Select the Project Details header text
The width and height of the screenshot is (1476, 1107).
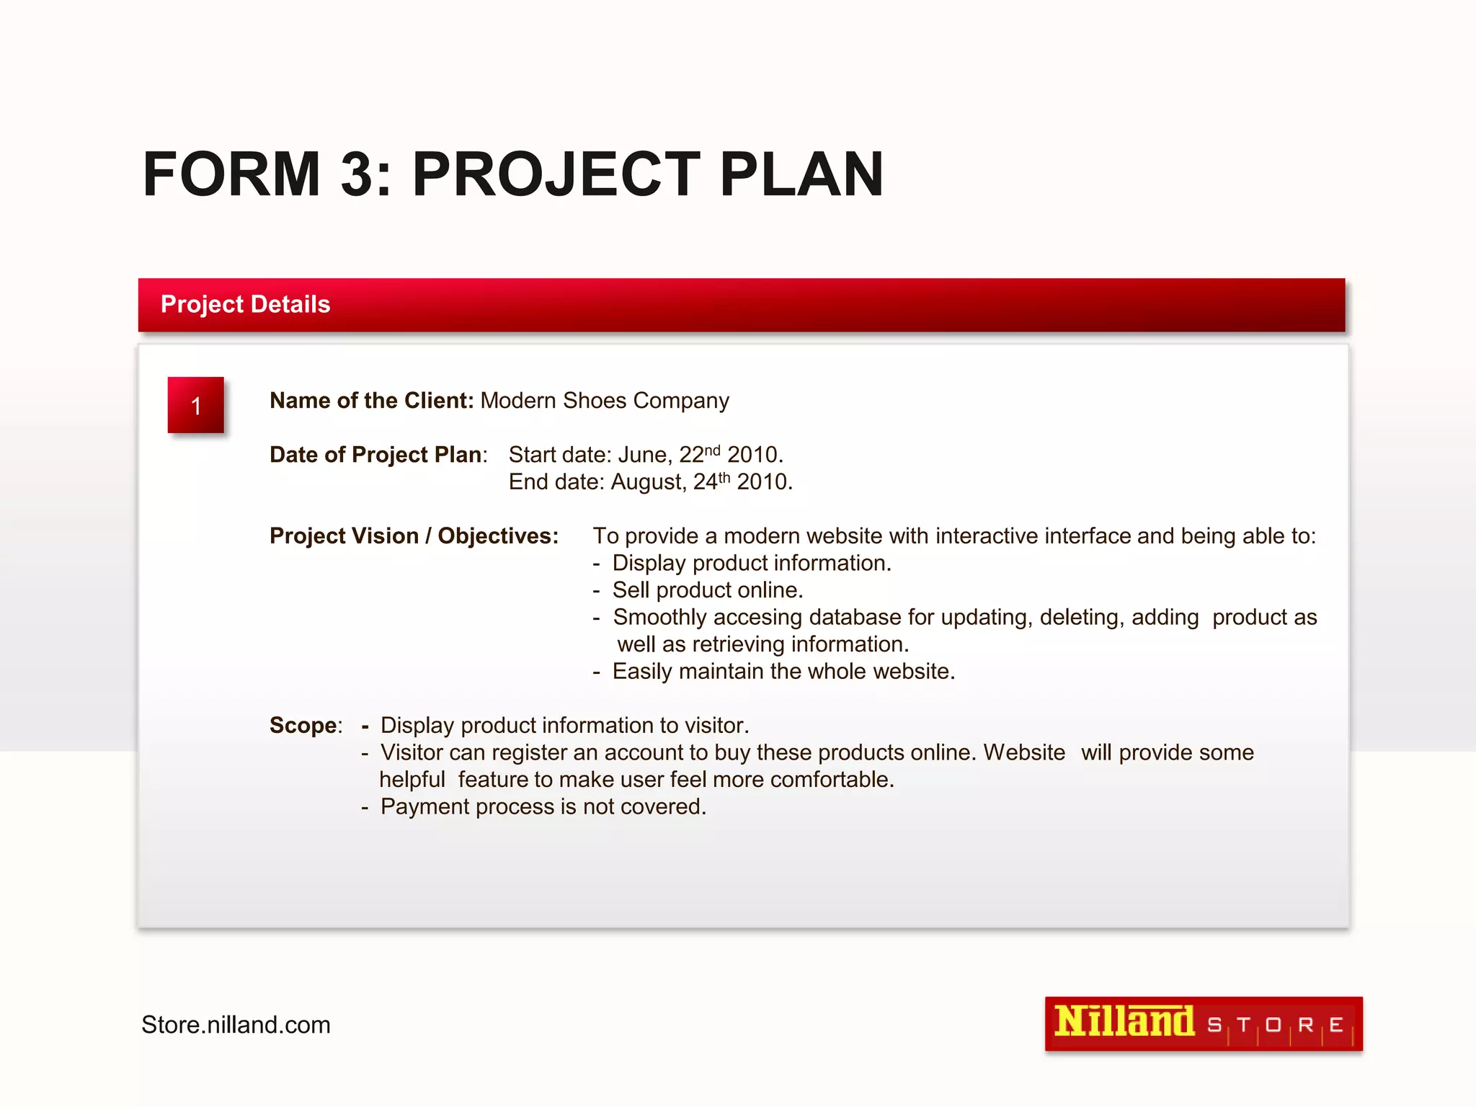[245, 304]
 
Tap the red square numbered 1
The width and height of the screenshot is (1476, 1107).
[196, 405]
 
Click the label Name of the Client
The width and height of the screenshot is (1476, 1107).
[371, 401]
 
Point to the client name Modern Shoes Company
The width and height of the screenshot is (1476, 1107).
[605, 401]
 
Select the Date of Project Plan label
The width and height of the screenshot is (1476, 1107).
[377, 455]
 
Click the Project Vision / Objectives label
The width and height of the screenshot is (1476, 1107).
[414, 536]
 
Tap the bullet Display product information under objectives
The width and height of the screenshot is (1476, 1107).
[752, 563]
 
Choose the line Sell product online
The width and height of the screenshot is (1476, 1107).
[707, 590]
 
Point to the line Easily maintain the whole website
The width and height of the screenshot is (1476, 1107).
[783, 672]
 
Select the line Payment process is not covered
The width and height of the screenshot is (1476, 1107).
[543, 806]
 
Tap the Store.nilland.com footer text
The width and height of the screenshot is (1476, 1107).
[236, 1025]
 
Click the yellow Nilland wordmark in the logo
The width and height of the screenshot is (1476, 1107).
[1124, 1023]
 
